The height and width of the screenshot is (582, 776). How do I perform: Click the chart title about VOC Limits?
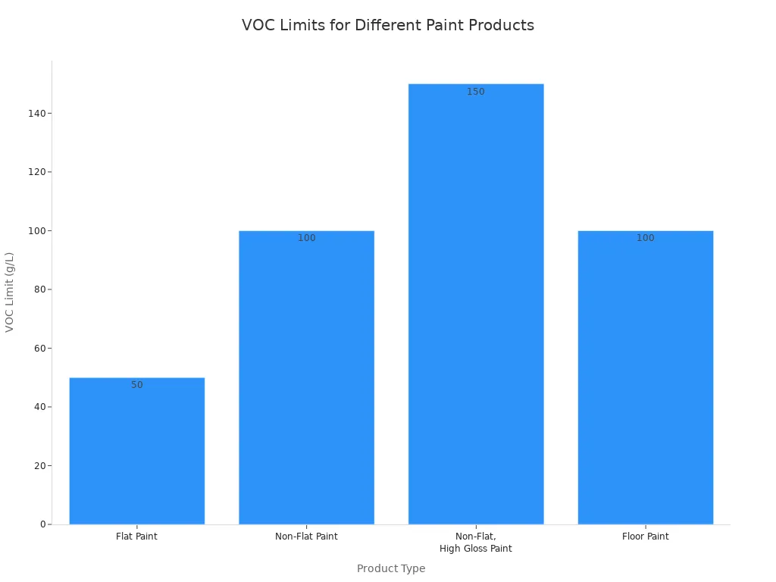387,25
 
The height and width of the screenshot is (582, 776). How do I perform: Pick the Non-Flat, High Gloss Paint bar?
476,304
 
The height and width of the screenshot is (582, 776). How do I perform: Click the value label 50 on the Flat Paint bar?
136,385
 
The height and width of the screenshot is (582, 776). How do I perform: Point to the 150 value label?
476,92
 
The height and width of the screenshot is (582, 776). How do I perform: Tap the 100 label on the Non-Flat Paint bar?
306,238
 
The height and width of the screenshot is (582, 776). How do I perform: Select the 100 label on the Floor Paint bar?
645,238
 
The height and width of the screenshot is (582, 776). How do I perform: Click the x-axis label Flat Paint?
136,537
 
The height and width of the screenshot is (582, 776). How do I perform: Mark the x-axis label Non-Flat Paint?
306,537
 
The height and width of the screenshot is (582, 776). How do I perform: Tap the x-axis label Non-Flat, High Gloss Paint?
476,543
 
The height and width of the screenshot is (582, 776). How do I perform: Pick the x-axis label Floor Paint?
645,537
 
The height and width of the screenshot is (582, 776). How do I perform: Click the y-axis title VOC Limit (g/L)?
10,292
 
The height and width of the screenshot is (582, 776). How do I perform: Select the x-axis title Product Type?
391,568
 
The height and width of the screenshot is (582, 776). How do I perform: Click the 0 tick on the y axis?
42,524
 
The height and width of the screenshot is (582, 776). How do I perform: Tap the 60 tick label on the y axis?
39,349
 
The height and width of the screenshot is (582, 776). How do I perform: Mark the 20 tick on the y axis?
39,466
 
